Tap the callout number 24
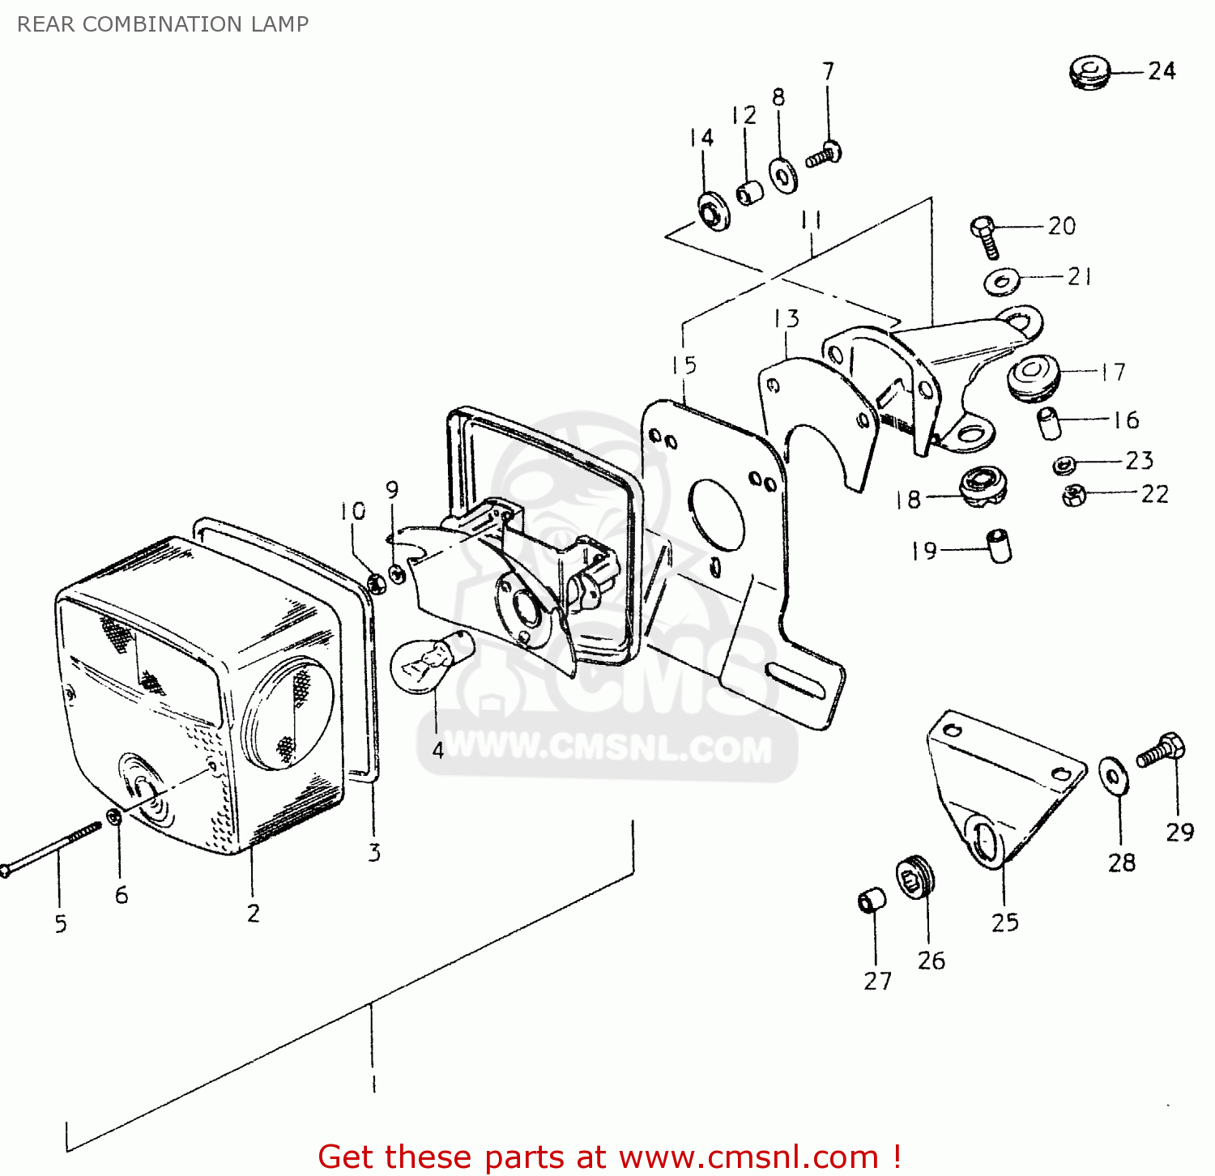[1162, 71]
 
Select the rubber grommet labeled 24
[1089, 72]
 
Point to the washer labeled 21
[1002, 281]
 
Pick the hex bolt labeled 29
[1162, 750]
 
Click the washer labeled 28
[1114, 775]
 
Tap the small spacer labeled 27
[872, 899]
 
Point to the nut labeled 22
[1074, 495]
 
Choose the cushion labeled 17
[1033, 376]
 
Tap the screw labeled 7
[825, 154]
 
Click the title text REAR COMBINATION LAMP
[163, 24]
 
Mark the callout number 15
[684, 365]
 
